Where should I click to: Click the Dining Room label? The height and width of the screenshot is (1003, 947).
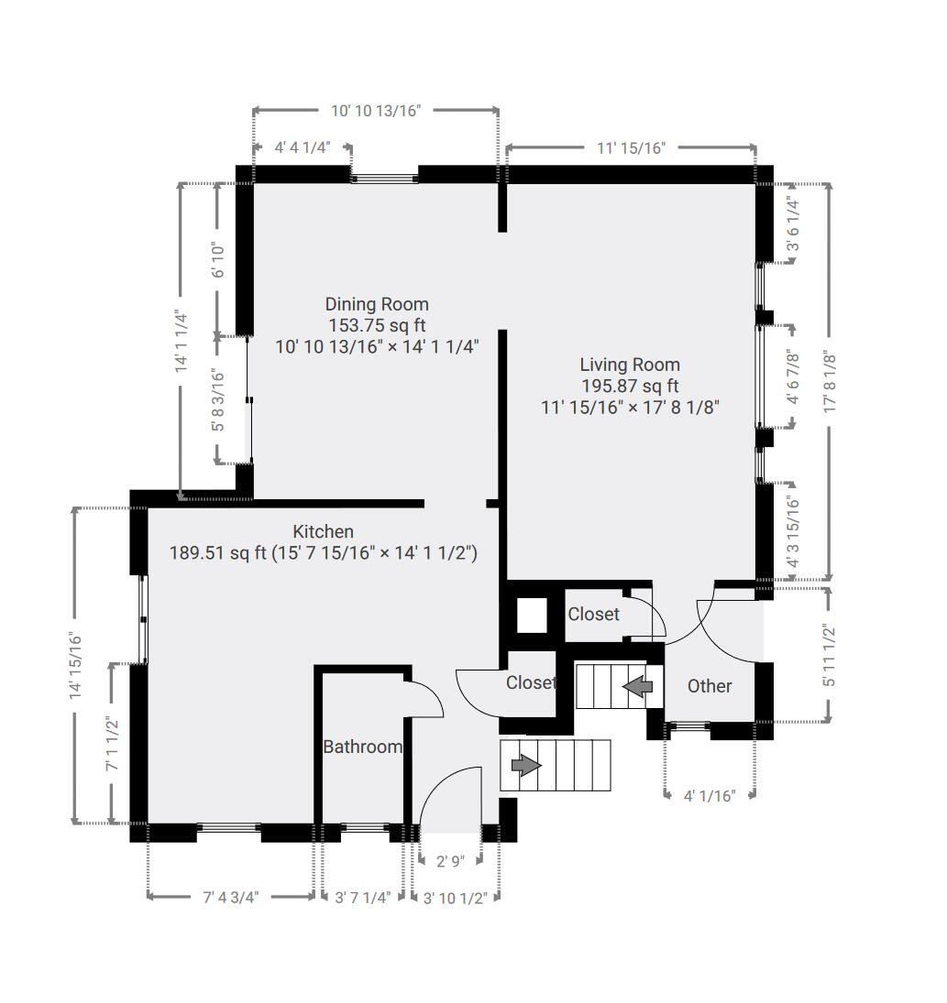(377, 304)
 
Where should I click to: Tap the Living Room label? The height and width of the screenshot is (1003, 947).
(630, 365)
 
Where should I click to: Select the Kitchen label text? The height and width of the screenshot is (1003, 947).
(324, 531)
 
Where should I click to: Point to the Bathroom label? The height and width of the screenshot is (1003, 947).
(362, 747)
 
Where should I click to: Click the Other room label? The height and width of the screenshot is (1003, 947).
(710, 686)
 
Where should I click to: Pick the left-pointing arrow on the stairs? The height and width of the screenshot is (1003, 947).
(637, 687)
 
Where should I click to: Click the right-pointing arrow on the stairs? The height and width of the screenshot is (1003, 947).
(526, 765)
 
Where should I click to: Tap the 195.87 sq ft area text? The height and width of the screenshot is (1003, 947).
(630, 387)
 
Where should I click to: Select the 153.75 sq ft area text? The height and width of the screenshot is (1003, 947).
(377, 325)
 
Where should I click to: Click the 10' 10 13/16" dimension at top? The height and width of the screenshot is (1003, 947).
(376, 111)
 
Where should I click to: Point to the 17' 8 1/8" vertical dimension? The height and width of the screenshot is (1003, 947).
(830, 381)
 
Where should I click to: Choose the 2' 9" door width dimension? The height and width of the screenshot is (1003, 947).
(450, 861)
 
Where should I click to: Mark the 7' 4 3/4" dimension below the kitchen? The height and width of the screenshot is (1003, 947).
(230, 898)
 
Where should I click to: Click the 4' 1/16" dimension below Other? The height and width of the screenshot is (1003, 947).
(710, 796)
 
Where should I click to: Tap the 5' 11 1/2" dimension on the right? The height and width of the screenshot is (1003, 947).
(829, 656)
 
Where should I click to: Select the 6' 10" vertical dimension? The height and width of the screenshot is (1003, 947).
(218, 260)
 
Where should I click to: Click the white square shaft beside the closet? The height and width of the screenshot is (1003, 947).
(532, 616)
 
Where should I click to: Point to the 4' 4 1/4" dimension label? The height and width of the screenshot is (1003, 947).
(303, 147)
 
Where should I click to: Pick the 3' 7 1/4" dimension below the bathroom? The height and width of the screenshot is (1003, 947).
(362, 898)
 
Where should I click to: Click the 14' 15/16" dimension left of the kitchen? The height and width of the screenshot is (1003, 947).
(75, 665)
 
